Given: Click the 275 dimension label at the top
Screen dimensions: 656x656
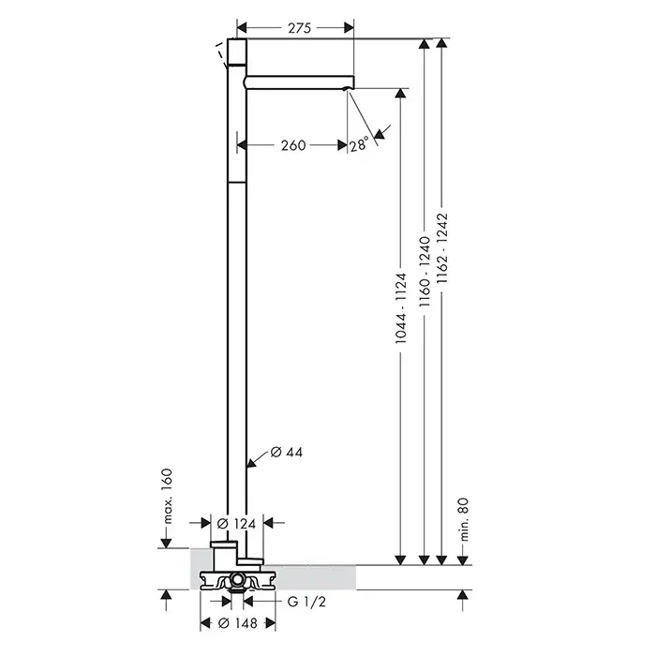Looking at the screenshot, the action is tap(300, 28).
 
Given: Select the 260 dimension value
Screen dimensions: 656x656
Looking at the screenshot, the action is tap(293, 145).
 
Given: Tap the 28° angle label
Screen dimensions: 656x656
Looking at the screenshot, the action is tap(359, 144).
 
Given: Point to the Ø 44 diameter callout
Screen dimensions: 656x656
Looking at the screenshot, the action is tap(287, 452).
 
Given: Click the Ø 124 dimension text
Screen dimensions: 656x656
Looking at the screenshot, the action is tap(236, 523).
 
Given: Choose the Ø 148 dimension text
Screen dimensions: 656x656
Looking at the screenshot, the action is tap(238, 623).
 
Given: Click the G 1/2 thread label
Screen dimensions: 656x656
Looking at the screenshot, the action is tap(306, 602).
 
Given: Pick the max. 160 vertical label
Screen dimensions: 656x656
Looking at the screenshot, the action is tap(167, 497).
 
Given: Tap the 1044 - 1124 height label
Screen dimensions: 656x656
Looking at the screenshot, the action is tap(401, 308).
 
